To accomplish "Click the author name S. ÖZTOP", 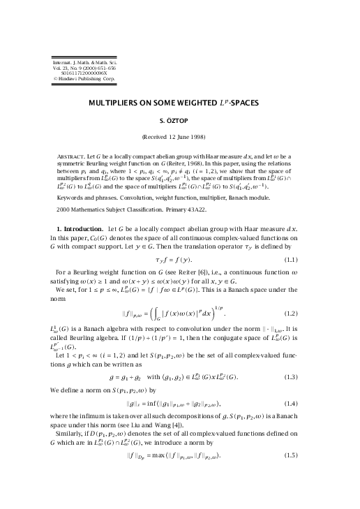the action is (x=180, y=119).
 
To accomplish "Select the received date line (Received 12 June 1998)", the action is (x=180, y=136).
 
